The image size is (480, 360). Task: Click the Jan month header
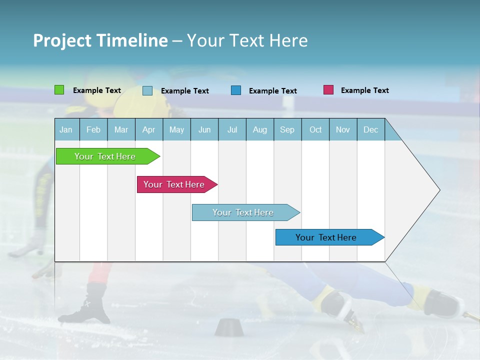click(x=66, y=129)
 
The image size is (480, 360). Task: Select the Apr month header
click(x=148, y=129)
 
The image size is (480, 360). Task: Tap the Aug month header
click(x=259, y=129)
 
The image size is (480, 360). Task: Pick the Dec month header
click(x=370, y=129)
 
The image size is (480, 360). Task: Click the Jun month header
click(x=204, y=129)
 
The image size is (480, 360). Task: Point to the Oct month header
click(x=315, y=129)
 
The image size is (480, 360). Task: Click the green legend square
click(x=59, y=90)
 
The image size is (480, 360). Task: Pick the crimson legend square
click(x=328, y=90)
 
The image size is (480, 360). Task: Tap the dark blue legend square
click(x=236, y=90)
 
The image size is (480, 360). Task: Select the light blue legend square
click(x=147, y=90)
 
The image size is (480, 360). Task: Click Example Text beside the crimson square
click(x=364, y=90)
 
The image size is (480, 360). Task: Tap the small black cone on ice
click(x=228, y=327)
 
